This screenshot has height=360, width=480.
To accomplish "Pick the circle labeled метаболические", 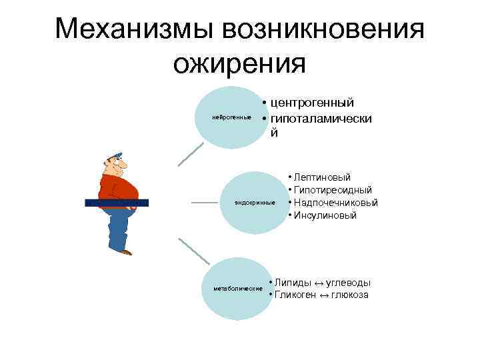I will (x=237, y=289).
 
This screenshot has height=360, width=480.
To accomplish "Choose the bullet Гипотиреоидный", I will (x=333, y=190).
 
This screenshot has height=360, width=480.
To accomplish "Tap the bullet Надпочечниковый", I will (x=336, y=203).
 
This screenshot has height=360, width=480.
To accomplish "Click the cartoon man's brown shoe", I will (x=125, y=252).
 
